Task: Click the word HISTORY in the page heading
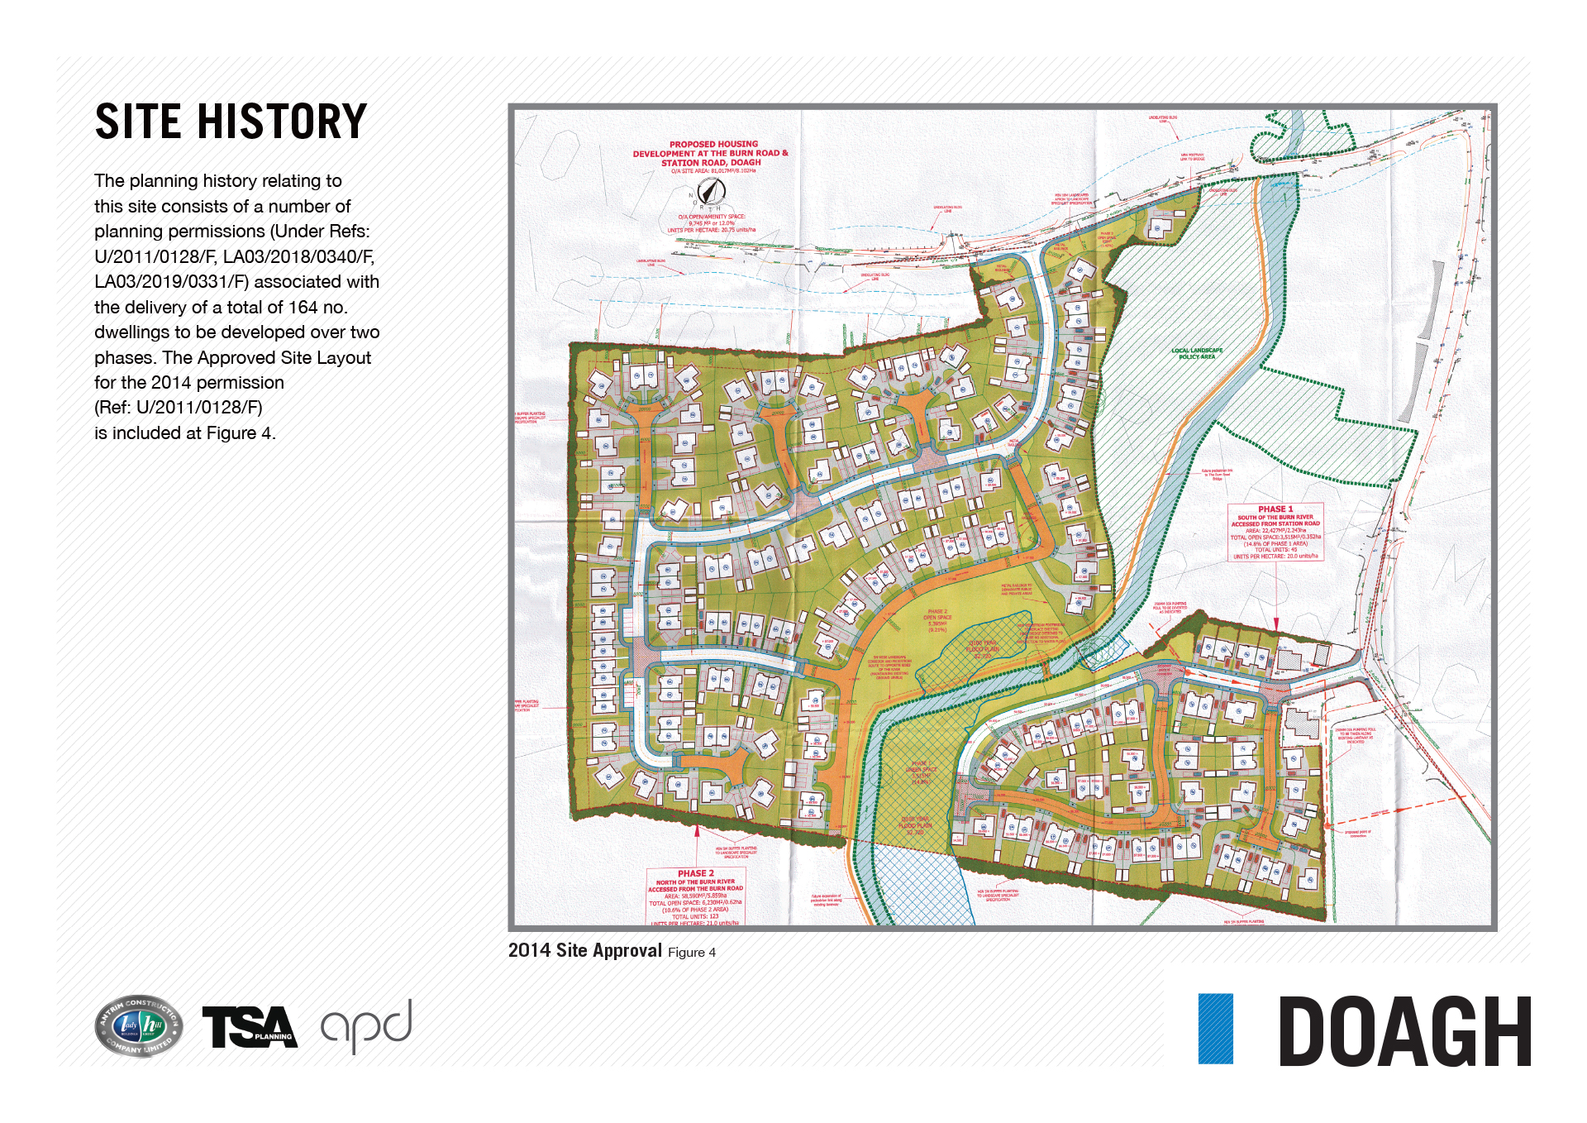coord(281,122)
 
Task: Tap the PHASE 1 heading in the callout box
coord(1275,509)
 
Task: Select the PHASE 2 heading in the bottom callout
coord(695,873)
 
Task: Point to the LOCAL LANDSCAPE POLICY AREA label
coord(1196,353)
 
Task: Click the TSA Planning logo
coord(249,1027)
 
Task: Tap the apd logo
coord(366,1026)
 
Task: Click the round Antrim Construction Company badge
coord(139,1026)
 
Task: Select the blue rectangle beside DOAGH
coord(1215,1028)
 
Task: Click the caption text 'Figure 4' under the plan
coord(692,953)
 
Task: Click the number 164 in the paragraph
coord(303,308)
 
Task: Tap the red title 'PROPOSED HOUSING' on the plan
coord(713,144)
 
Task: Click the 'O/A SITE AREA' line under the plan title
coord(712,171)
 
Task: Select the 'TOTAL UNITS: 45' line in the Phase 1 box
coord(1275,550)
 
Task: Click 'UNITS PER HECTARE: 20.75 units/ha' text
coord(711,230)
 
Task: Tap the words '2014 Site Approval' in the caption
coord(584,951)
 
